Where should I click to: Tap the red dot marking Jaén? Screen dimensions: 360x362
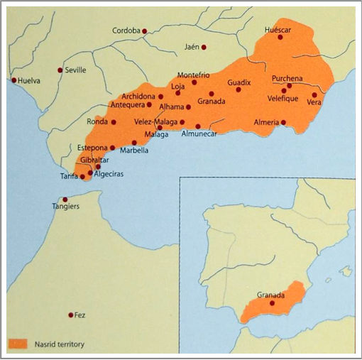204,48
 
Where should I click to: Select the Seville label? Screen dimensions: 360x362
75,70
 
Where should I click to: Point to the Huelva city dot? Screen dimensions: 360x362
13,80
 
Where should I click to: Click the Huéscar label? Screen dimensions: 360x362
278,30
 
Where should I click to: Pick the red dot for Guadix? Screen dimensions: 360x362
238,90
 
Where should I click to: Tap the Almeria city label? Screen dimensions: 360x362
267,123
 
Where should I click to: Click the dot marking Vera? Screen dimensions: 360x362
314,94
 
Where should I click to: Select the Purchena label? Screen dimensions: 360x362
287,78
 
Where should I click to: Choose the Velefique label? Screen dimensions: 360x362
287,99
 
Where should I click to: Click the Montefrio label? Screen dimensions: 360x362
193,75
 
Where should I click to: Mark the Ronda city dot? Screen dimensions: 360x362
114,121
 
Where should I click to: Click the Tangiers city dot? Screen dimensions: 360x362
65,200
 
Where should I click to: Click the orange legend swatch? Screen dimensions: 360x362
18,344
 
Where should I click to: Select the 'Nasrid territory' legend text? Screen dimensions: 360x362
59,344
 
